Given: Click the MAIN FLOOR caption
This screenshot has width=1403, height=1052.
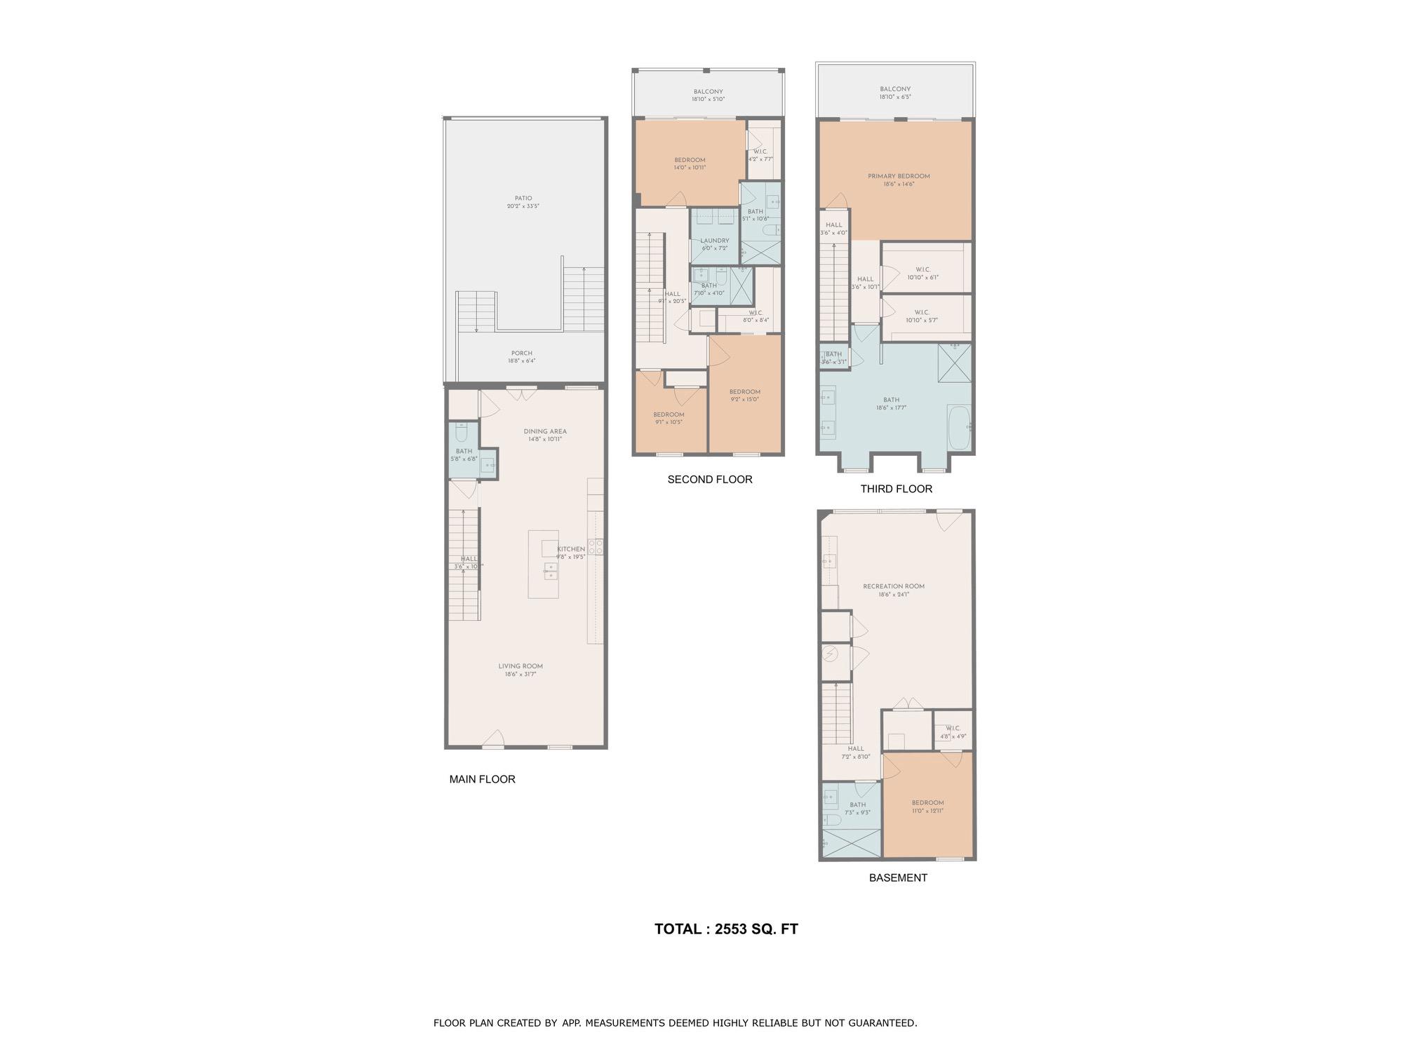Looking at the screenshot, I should point(482,779).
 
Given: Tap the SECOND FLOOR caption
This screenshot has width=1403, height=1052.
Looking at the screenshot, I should point(709,480).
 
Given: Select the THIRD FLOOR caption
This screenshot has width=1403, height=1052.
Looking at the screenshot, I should point(896,489).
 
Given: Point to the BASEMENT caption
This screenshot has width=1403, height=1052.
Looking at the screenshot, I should point(898,877).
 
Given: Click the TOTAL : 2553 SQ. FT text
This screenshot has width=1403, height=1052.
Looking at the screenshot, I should point(726,929).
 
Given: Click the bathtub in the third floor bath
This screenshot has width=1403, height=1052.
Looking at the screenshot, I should point(959,426).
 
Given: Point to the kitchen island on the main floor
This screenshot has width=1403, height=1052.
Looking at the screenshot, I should point(544,565).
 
